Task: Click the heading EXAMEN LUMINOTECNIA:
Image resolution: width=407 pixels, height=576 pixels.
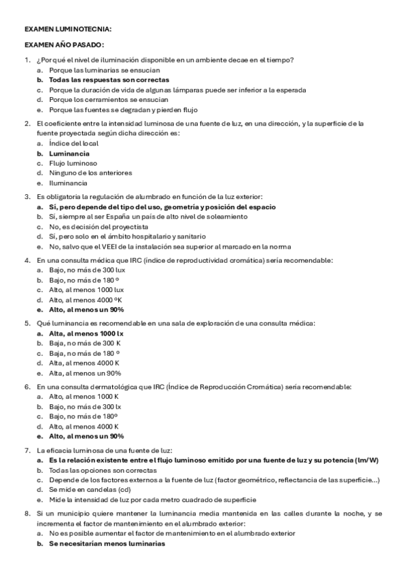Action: [x=68, y=30]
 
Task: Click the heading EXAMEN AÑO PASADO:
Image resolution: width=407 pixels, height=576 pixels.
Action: [x=64, y=45]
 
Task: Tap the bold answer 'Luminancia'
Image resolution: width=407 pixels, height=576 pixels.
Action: [x=69, y=154]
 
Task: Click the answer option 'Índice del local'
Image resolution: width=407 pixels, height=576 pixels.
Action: [x=73, y=143]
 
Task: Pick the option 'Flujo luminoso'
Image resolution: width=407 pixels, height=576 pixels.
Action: [x=73, y=163]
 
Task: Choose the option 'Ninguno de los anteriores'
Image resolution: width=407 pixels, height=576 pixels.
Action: [x=90, y=173]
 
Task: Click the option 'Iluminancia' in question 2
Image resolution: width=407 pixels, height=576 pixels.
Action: [x=68, y=183]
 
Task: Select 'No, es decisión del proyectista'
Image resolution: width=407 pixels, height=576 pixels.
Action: [x=99, y=226]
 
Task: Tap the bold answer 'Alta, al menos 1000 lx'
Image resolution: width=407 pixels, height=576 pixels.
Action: [x=86, y=334]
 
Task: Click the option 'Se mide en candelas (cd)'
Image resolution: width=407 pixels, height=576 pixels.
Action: [x=90, y=490]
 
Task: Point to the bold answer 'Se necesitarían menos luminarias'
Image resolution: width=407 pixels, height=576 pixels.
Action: [x=107, y=543]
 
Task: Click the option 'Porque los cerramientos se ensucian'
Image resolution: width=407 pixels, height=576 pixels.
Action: [x=105, y=99]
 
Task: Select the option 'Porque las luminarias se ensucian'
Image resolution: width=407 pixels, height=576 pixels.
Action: [x=105, y=70]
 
